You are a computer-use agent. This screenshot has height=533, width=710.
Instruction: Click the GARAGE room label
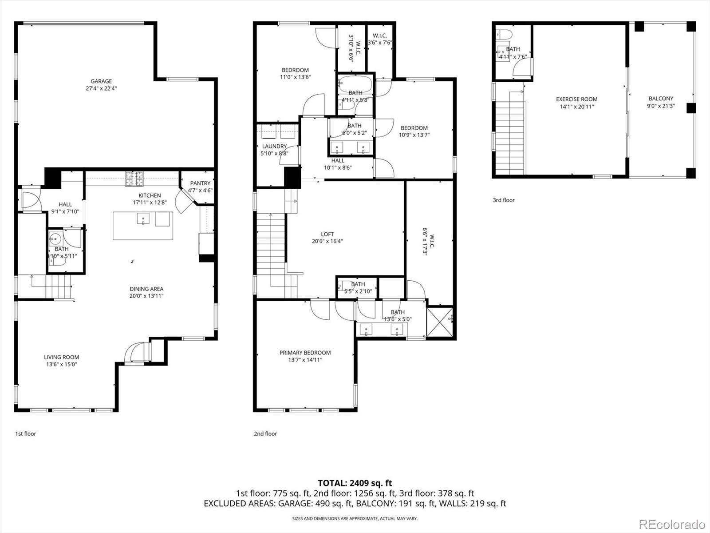click(x=101, y=81)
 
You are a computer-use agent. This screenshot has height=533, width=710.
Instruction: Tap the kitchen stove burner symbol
click(x=134, y=179)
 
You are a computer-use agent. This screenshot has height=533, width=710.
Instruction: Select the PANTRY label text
click(x=200, y=183)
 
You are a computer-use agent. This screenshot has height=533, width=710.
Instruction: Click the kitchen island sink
click(x=143, y=219)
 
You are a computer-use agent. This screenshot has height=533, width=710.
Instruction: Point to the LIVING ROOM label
click(x=61, y=357)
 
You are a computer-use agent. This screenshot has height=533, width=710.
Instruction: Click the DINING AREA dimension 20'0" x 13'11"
click(x=146, y=296)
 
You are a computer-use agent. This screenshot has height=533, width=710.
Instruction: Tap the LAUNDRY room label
click(x=274, y=146)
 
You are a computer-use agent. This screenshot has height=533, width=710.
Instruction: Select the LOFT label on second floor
click(x=327, y=234)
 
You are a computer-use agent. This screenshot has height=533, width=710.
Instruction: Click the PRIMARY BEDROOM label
click(x=305, y=353)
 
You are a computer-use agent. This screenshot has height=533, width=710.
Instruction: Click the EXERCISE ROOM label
click(x=576, y=99)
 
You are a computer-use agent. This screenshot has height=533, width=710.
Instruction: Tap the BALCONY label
click(x=661, y=99)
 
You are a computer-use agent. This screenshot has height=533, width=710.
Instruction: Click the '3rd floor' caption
click(x=504, y=200)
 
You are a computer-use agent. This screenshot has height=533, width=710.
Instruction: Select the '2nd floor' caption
click(x=265, y=434)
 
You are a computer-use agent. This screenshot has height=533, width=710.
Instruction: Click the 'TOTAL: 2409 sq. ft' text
click(x=355, y=483)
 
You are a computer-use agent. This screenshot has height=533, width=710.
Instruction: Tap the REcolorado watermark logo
click(x=672, y=524)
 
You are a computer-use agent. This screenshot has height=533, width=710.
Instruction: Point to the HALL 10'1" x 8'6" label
click(x=338, y=161)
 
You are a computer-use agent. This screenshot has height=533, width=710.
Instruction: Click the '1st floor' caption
click(x=25, y=434)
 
